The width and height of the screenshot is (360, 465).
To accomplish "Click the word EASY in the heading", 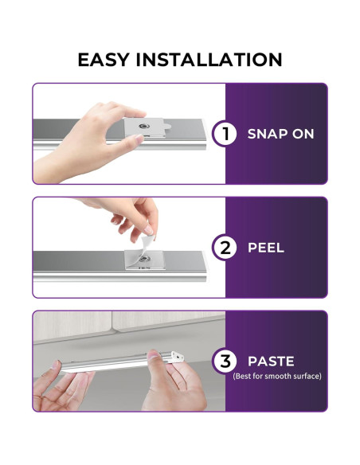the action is pyautogui.click(x=104, y=60).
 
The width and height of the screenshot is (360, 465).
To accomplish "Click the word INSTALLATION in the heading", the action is pyautogui.click(x=209, y=60).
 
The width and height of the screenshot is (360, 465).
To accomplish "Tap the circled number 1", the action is pyautogui.click(x=225, y=134).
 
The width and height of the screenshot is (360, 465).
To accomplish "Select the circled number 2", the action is pyautogui.click(x=225, y=248).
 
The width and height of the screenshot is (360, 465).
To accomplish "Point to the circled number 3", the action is pyautogui.click(x=225, y=361).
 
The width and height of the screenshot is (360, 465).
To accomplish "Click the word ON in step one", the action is pyautogui.click(x=303, y=134).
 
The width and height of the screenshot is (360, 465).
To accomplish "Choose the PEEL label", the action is pyautogui.click(x=266, y=248).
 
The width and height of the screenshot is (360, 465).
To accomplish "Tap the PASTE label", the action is pyautogui.click(x=271, y=361).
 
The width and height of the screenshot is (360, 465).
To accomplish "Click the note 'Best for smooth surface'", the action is pyautogui.click(x=277, y=377).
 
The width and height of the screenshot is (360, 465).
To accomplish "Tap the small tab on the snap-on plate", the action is pyautogui.click(x=167, y=127).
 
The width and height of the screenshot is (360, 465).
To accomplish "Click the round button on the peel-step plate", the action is pyautogui.click(x=144, y=259).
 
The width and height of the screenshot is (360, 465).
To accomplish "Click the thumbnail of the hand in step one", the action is pyautogui.click(x=139, y=139).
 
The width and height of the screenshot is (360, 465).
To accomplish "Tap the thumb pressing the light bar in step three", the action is pyautogui.click(x=155, y=356).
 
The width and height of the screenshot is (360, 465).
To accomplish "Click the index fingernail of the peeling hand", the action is pyautogui.click(x=149, y=230).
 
